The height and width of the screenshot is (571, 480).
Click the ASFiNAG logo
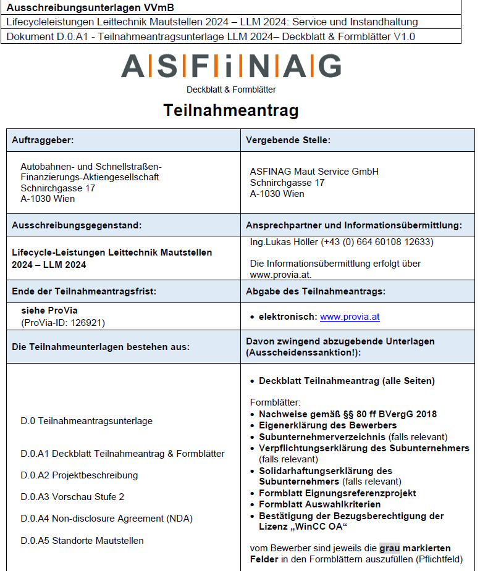pos(231,66)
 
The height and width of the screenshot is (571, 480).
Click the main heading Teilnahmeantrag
pos(231,110)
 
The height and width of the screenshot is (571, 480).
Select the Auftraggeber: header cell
pos(43,140)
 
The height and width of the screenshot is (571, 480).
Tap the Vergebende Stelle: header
pos(288,140)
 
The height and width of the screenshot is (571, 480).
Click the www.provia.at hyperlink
pos(350,317)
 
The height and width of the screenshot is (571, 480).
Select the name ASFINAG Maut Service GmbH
pos(314,172)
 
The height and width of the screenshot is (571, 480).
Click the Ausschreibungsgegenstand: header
pos(77,225)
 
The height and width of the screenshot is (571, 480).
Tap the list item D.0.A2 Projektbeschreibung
pos(79,475)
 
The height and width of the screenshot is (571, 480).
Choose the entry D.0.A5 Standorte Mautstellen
pos(82,541)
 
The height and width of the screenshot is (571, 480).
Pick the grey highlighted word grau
pos(389,548)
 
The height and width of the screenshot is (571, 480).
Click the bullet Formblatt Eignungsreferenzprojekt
pos(337,493)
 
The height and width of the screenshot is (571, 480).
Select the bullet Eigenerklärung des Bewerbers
pos(327,425)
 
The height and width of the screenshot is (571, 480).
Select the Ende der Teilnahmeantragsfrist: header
pos(84,291)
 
